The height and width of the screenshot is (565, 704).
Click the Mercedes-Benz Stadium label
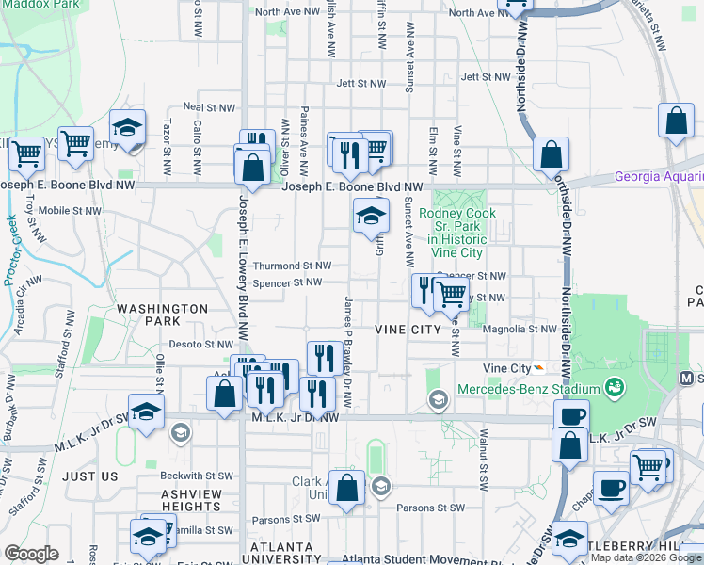pyautogui.click(x=528, y=390)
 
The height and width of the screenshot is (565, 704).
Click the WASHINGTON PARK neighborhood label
pyautogui.click(x=162, y=315)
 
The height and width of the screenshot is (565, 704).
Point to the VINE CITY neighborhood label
pyautogui.click(x=408, y=330)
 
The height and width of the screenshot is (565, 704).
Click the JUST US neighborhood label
pyautogui.click(x=90, y=476)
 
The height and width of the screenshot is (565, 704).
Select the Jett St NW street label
pyautogui.click(x=361, y=84)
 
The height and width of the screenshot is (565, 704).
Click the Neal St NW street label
pyautogui.click(x=207, y=107)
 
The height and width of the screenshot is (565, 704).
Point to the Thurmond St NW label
pyautogui.click(x=291, y=266)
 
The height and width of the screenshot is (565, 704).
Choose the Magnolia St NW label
pyautogui.click(x=519, y=330)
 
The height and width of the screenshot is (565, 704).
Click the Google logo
pyautogui.click(x=31, y=554)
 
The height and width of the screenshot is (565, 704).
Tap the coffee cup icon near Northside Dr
pyautogui.click(x=571, y=416)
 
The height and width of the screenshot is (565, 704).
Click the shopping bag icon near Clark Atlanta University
pyautogui.click(x=347, y=488)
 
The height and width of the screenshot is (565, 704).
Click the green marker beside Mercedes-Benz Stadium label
pyautogui.click(x=615, y=386)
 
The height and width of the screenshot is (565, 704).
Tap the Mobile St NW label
pyautogui.click(x=69, y=210)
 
